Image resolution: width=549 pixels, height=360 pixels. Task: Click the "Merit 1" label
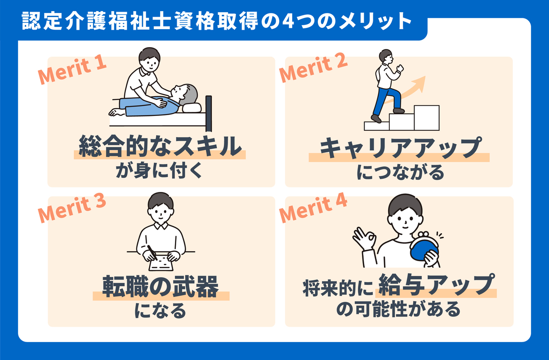72,71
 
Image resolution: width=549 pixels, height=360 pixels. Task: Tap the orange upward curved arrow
407,91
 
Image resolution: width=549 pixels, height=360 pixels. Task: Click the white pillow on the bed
192,107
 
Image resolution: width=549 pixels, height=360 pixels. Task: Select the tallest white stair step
427,118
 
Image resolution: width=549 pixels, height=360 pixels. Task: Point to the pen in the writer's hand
152,253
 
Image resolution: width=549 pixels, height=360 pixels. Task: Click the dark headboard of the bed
209,113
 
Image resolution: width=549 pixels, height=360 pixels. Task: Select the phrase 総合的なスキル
160,147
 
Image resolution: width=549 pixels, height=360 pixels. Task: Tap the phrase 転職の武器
161,286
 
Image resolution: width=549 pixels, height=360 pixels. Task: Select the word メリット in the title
375,21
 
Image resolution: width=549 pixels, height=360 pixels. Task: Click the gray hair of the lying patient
189,94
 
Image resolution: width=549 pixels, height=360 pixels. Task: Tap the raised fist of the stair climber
400,68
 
